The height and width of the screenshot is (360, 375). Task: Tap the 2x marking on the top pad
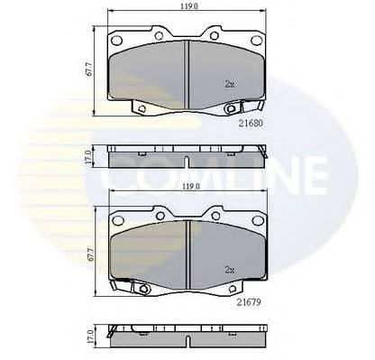(x=230, y=84)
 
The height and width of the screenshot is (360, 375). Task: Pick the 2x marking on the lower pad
(x=230, y=268)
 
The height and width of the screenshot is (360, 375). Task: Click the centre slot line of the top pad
(x=186, y=72)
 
